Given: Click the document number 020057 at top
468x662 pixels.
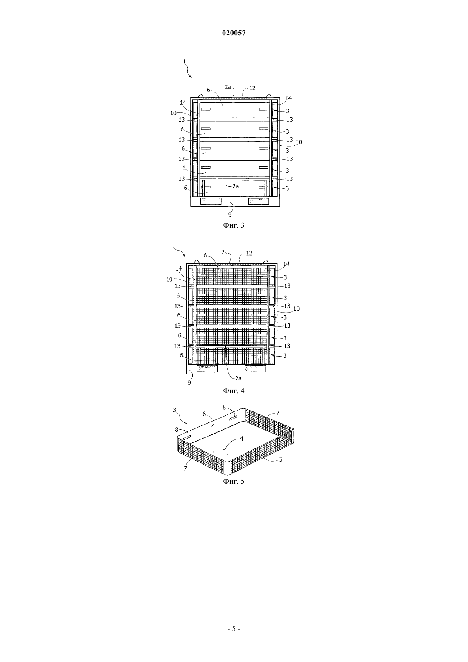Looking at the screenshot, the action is point(234,33).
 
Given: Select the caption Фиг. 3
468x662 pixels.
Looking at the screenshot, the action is point(234,225).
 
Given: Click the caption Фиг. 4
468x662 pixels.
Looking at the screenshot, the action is point(234,391).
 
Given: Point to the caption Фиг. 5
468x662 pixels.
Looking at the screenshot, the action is point(234,481).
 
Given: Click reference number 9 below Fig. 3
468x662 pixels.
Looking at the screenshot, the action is point(230,215).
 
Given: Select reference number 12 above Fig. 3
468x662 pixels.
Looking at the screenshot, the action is point(252,88).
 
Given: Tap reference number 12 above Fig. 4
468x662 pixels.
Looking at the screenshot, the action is point(249,253).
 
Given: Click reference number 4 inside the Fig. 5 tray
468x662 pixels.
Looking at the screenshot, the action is point(242,439).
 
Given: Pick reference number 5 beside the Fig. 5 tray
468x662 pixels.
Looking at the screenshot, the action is point(281,459).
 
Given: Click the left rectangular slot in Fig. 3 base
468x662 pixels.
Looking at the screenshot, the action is point(211,201).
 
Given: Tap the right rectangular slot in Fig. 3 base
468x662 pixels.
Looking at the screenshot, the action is point(259,201).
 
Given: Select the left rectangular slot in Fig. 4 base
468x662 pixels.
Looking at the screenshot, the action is point(207,369).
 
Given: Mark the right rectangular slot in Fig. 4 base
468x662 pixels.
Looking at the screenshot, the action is point(256,369).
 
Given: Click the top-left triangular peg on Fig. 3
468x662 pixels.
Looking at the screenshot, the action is point(201,96).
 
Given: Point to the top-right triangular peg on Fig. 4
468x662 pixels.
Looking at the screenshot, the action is point(265,262).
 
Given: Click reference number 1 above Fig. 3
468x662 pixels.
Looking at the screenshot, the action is point(184,61).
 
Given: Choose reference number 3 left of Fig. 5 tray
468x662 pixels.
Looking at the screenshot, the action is point(174,410).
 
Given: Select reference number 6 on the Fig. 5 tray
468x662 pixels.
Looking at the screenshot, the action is point(204,414).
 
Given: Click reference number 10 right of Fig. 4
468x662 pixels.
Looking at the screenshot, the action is point(297,308).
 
